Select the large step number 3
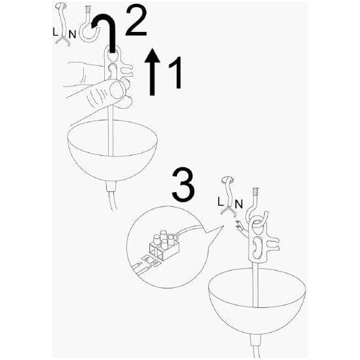pyautogui.click(x=182, y=184)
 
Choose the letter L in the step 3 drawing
pyautogui.click(x=221, y=202)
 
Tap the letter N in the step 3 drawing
pyautogui.click(x=238, y=204)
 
